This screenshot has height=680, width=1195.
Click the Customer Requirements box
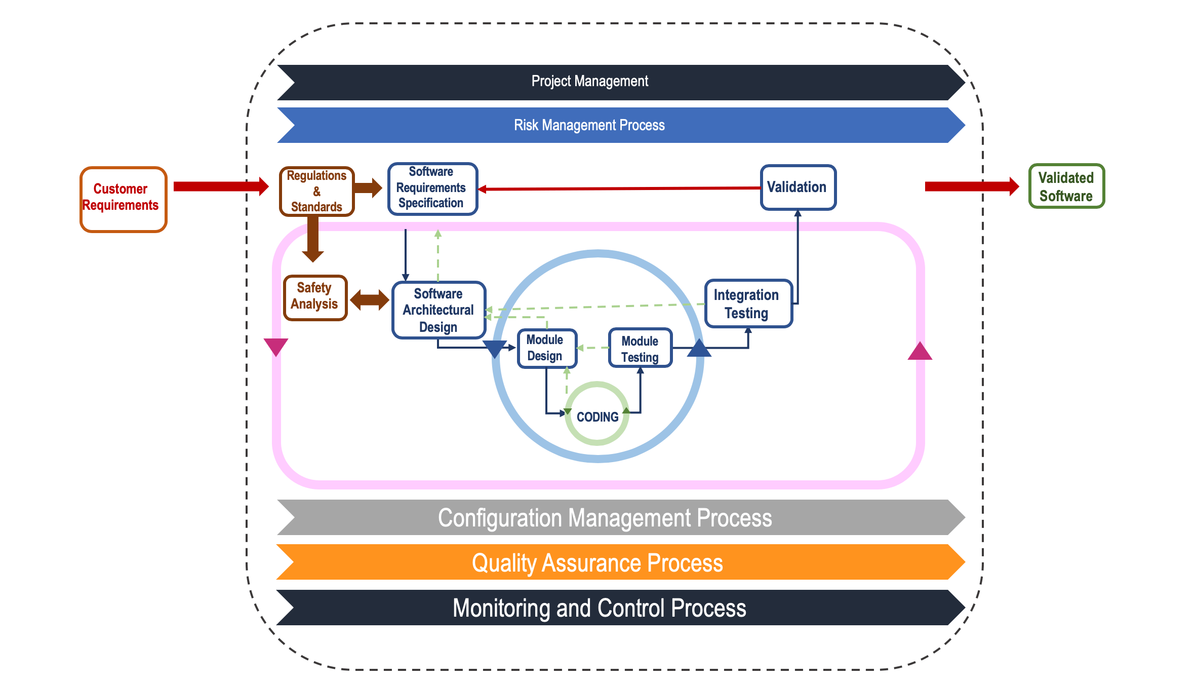pyautogui.click(x=123, y=199)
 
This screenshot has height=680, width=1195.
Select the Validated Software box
pyautogui.click(x=1066, y=186)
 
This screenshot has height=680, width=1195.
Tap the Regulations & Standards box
pyautogui.click(x=317, y=192)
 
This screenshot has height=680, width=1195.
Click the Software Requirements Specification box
pyautogui.click(x=432, y=188)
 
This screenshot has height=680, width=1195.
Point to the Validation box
pyautogui.click(x=798, y=187)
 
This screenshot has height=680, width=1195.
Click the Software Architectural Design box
pyautogui.click(x=439, y=310)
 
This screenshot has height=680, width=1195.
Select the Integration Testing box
pyautogui.click(x=748, y=304)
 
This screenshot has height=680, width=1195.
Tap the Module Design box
pyautogui.click(x=546, y=348)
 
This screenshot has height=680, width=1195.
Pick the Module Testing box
pyautogui.click(x=640, y=349)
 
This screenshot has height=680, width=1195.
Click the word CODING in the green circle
pyautogui.click(x=597, y=417)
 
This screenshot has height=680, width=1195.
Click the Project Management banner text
pyautogui.click(x=589, y=81)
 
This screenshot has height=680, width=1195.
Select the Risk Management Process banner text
pyautogui.click(x=589, y=125)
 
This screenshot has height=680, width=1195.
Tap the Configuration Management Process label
pyautogui.click(x=605, y=518)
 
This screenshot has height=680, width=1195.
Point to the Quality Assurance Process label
pyautogui.click(x=597, y=562)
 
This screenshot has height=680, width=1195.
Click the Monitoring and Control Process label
pyautogui.click(x=599, y=608)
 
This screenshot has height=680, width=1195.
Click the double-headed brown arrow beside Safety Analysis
pyautogui.click(x=370, y=300)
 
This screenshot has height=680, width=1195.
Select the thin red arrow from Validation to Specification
pyautogui.click(x=618, y=188)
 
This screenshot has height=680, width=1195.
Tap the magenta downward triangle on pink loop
pyautogui.click(x=276, y=347)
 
